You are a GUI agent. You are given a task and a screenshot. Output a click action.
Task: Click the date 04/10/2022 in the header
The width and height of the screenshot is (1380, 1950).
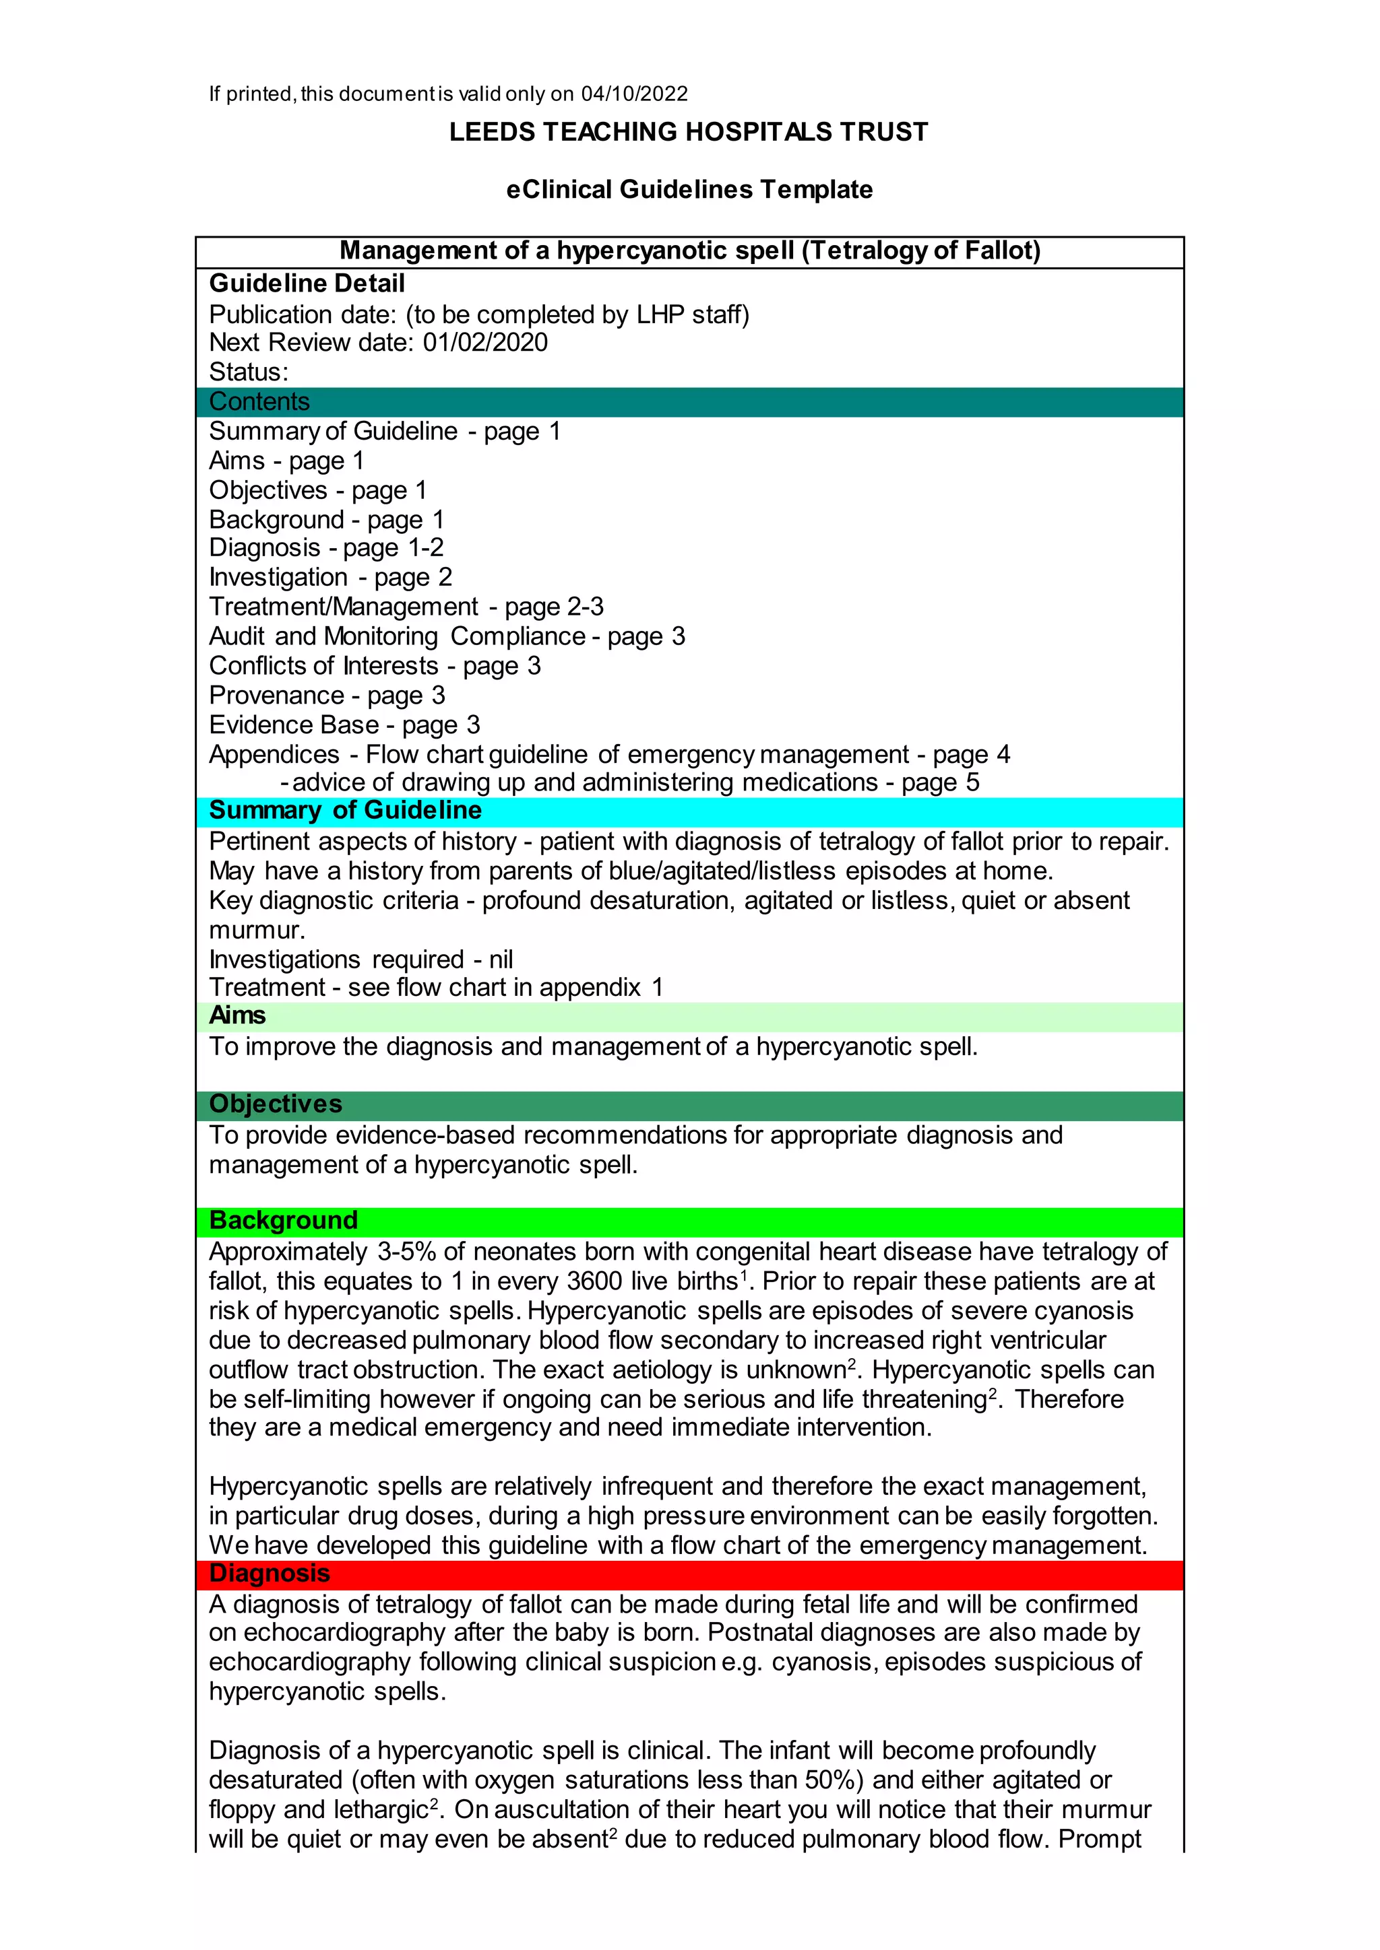(x=634, y=94)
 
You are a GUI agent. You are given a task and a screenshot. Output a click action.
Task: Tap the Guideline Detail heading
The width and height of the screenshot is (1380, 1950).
(x=307, y=283)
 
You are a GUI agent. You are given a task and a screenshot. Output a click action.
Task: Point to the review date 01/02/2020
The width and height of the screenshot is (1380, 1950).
(x=485, y=342)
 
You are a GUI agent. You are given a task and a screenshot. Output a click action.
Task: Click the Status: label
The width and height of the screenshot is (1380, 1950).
(x=249, y=372)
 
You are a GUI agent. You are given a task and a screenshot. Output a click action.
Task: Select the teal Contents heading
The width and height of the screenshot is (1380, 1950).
(x=259, y=402)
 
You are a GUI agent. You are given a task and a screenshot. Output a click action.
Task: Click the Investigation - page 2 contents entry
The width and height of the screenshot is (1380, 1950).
(x=331, y=578)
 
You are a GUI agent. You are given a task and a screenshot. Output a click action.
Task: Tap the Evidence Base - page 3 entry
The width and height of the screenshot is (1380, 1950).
(x=344, y=725)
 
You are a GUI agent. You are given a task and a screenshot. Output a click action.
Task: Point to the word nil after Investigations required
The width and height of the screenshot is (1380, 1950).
(x=501, y=960)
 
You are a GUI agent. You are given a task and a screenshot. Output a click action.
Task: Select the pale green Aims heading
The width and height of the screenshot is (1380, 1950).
(x=237, y=1016)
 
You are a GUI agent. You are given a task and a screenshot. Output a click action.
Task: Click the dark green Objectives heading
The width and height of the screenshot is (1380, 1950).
(x=276, y=1104)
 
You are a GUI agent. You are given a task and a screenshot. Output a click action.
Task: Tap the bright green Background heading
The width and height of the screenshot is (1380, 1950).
(x=283, y=1221)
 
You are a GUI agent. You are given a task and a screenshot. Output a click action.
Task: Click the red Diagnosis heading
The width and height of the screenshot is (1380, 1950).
(x=270, y=1574)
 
